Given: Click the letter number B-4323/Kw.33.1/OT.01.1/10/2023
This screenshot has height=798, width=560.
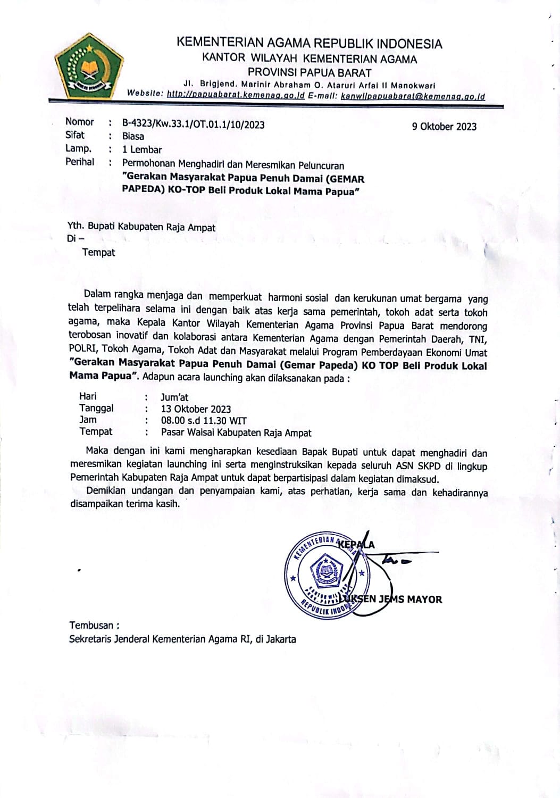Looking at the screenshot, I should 193,124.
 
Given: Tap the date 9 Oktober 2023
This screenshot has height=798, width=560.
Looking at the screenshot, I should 444,127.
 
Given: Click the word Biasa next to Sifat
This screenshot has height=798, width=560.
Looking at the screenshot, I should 133,137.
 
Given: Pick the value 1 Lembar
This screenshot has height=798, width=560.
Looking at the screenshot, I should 142,149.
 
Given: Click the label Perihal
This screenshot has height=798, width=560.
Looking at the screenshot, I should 80,162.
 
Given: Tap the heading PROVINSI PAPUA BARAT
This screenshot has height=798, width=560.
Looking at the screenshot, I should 310,72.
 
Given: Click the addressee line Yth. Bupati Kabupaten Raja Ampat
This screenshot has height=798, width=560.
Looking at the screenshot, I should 141,227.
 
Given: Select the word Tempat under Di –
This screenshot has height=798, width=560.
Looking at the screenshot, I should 98,252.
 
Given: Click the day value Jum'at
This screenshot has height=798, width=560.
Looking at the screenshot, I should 174,397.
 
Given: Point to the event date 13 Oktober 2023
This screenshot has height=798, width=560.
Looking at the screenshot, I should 196,409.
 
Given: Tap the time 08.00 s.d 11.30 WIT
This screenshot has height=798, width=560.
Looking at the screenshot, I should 204,420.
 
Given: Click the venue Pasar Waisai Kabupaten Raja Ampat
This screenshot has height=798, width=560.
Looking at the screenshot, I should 236,433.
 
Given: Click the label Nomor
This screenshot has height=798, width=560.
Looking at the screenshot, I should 79,122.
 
